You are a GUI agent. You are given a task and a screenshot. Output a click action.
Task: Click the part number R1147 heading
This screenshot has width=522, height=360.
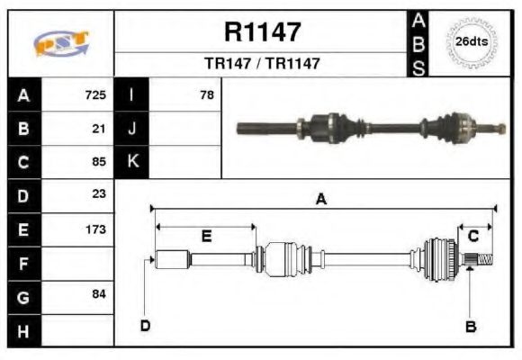[x=262, y=32]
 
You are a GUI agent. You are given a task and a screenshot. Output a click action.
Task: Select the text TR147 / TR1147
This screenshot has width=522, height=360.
[x=262, y=64]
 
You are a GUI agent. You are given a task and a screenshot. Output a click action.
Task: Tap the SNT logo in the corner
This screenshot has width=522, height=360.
[x=61, y=43]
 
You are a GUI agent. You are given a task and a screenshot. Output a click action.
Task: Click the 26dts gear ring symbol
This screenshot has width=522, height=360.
[x=471, y=42]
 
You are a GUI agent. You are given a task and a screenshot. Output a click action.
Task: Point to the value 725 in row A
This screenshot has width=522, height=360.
[x=95, y=94]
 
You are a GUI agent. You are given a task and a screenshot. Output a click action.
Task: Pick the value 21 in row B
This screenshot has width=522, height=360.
[x=100, y=129]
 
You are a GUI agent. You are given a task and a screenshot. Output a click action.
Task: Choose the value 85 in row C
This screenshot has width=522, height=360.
[x=100, y=162]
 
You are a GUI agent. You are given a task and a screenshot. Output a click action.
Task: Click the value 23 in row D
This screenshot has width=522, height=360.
[x=100, y=194]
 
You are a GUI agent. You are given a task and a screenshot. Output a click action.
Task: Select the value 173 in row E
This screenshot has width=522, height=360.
[x=95, y=229]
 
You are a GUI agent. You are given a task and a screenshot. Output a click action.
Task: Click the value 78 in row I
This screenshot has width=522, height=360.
[x=207, y=94]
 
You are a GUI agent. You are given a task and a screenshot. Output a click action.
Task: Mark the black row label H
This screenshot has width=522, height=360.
[x=23, y=330]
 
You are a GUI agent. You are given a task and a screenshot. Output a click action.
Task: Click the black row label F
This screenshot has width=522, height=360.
[x=23, y=263]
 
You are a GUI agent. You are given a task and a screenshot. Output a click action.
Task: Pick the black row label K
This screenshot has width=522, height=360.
[x=131, y=162]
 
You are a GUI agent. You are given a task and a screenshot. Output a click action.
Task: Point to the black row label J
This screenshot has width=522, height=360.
[x=131, y=129]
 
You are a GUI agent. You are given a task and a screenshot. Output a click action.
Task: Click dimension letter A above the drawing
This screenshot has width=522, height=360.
[x=320, y=200]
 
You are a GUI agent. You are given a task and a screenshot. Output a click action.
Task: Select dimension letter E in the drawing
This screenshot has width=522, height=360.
[x=206, y=236]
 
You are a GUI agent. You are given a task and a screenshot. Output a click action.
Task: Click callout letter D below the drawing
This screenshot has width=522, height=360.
[x=145, y=326]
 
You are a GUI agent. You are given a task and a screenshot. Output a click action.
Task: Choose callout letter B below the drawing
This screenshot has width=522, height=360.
[x=470, y=326]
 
